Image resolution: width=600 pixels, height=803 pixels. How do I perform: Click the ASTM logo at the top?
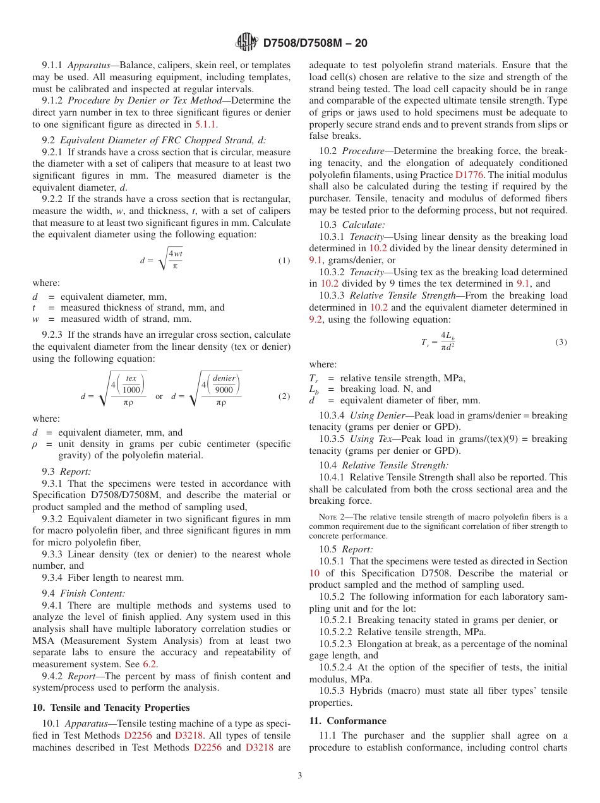click(x=247, y=43)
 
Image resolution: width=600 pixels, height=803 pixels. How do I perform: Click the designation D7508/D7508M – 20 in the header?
click(x=315, y=44)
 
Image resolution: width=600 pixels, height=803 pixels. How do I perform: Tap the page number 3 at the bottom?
click(x=300, y=776)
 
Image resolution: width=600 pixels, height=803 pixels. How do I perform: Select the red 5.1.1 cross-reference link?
click(x=205, y=124)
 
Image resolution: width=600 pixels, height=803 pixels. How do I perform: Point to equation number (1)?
click(x=284, y=261)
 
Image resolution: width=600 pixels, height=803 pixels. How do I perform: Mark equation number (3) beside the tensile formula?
click(x=561, y=342)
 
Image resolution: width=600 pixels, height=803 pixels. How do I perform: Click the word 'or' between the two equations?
click(x=159, y=396)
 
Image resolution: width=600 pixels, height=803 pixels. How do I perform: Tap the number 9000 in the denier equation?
click(x=224, y=390)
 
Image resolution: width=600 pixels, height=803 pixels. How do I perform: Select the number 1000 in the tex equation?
click(x=131, y=390)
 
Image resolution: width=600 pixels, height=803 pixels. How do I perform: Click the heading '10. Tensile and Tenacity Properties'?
click(x=111, y=708)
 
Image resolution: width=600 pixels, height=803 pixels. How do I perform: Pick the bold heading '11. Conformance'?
click(x=347, y=721)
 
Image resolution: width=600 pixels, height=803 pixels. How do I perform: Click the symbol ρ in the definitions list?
click(x=36, y=444)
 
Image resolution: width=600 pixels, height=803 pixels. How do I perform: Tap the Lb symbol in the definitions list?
click(x=314, y=390)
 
